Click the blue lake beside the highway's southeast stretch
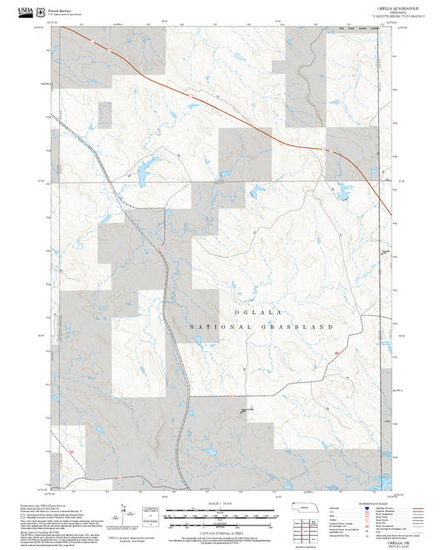(342, 196)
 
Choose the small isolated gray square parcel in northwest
(103, 115)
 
